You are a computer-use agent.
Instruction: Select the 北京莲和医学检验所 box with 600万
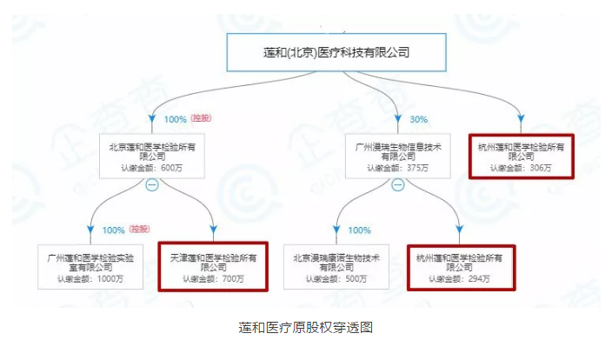pos(152,157)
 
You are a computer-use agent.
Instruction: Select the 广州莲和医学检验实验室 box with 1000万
pos(90,267)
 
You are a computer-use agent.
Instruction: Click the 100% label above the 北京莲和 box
pos(176,119)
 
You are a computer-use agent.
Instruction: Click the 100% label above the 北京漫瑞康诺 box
pos(360,230)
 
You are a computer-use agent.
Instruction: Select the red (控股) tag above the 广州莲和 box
pos(140,230)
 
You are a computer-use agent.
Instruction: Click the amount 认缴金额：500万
pos(337,279)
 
